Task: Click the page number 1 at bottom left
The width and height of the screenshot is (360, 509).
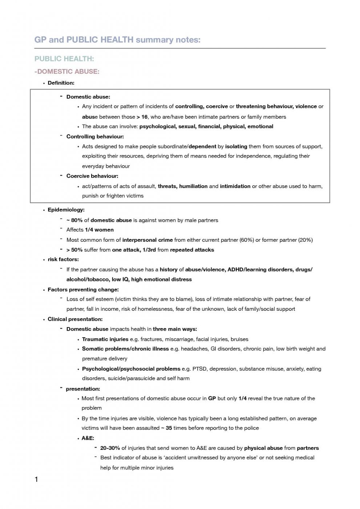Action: [x=36, y=479]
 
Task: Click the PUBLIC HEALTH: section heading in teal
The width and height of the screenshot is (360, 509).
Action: [x=64, y=59]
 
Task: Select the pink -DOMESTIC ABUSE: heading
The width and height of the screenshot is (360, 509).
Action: [x=67, y=72]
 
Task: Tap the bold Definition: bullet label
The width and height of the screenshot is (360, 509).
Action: [x=61, y=83]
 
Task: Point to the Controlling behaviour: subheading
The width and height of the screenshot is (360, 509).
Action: [x=95, y=137]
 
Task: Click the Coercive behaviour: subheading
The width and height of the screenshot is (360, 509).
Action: [x=92, y=176]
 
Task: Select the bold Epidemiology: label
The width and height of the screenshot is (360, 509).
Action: [x=66, y=209]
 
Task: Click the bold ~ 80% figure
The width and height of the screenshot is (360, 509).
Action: [x=74, y=220]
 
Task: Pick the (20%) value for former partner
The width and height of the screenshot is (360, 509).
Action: [x=305, y=240]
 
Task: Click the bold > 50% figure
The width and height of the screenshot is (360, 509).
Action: [x=74, y=250]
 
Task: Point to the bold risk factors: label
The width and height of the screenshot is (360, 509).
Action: [x=63, y=259]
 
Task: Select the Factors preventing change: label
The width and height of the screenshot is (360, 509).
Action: [x=83, y=289]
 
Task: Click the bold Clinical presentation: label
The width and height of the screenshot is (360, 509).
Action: [x=75, y=319]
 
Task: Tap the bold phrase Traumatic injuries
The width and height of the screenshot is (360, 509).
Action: [x=105, y=339]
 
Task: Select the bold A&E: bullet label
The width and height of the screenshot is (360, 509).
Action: [x=88, y=438]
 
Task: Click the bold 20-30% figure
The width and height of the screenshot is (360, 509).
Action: [x=110, y=448]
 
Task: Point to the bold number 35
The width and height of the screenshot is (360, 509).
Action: [x=169, y=428]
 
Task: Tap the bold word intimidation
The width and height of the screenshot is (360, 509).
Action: [x=235, y=186]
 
